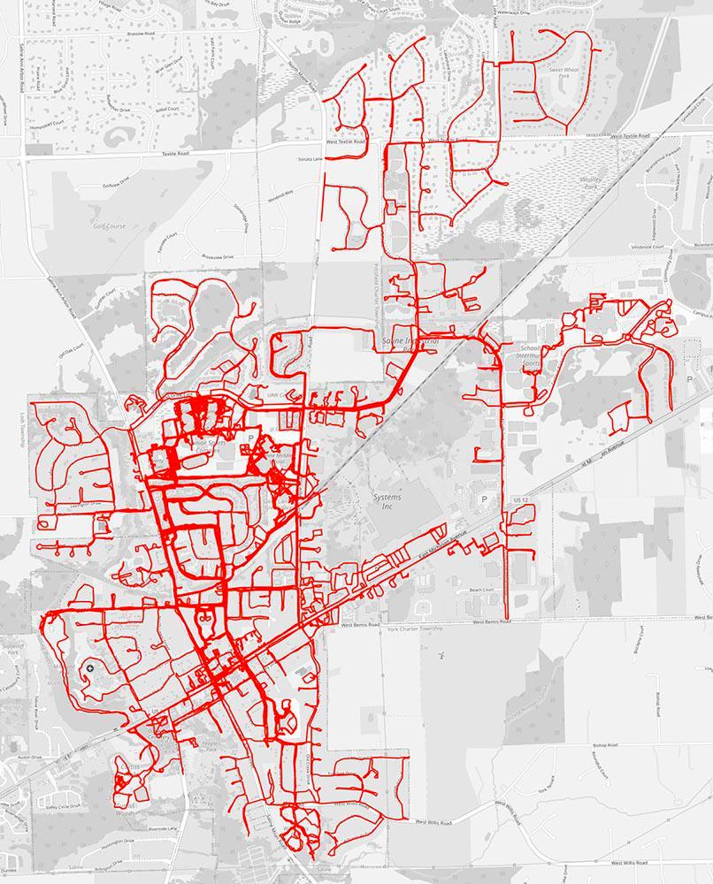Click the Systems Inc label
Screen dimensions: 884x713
(x=387, y=501)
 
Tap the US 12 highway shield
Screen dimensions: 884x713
(x=520, y=500)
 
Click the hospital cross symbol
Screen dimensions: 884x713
(x=92, y=668)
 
